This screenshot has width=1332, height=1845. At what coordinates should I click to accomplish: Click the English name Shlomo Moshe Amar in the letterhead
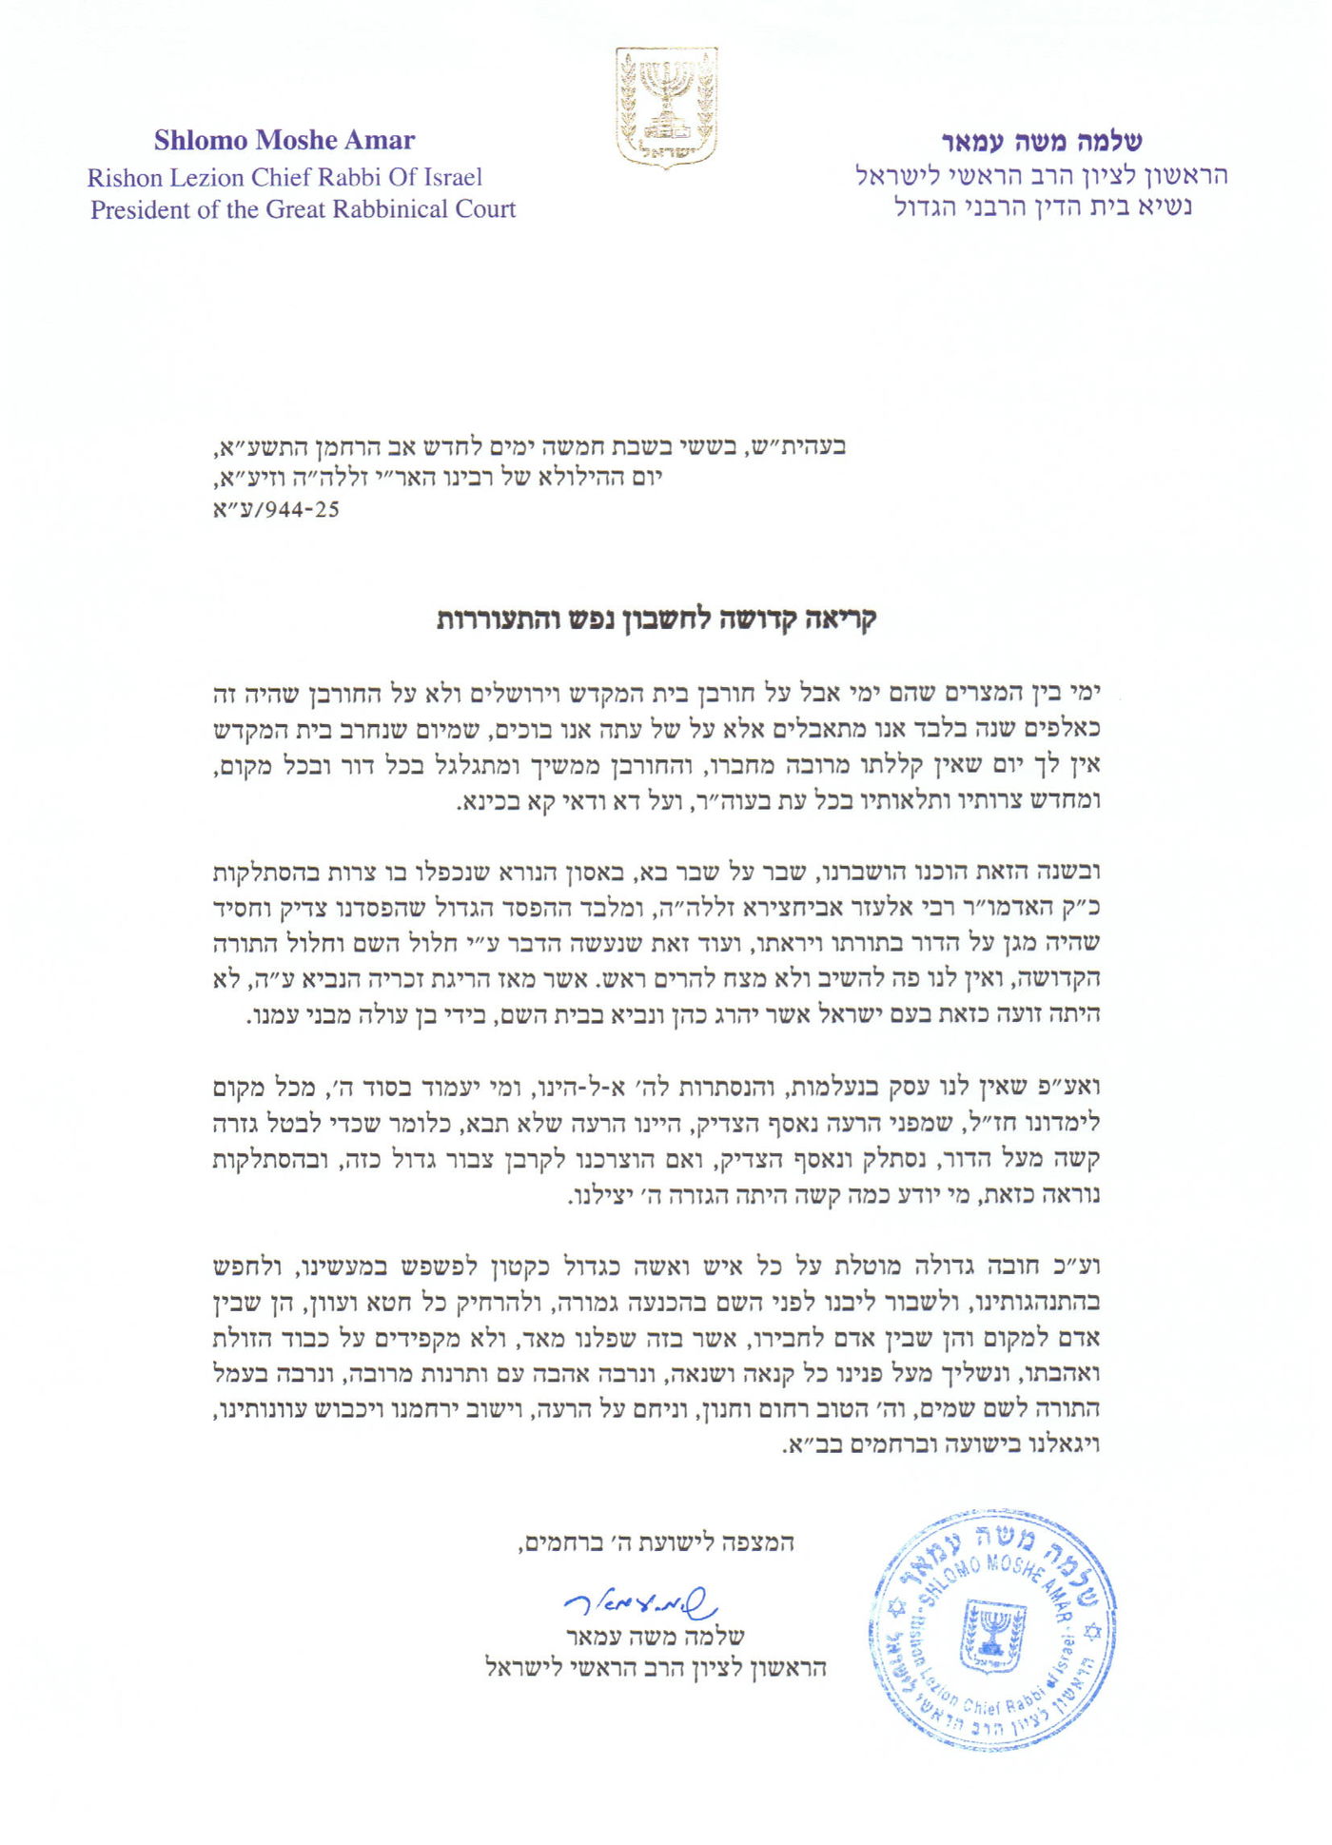284,141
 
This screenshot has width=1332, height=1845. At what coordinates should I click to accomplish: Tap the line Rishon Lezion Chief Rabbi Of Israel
284,177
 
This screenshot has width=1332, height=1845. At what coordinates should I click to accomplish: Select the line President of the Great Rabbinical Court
303,209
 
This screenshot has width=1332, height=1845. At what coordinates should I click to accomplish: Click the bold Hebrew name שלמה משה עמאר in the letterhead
1041,142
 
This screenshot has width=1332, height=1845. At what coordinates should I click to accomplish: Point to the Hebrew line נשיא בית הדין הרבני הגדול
1043,206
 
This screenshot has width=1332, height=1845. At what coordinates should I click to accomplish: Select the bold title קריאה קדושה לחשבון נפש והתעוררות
656,619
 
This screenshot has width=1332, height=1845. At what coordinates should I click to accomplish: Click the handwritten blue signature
639,1605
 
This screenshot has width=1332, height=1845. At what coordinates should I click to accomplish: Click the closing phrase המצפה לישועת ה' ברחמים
656,1542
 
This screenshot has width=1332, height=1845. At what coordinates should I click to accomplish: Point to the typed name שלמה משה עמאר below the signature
656,1637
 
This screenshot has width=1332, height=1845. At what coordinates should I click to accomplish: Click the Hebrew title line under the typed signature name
656,1668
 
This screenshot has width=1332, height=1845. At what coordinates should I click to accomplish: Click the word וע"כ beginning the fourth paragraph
1079,1266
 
